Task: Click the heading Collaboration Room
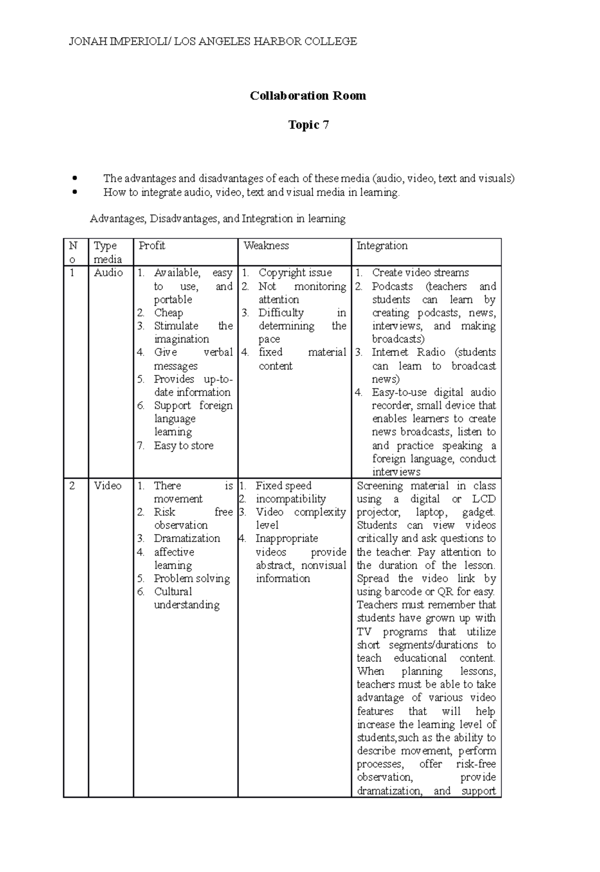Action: coord(307,95)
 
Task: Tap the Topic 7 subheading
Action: coord(308,124)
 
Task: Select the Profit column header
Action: coord(151,245)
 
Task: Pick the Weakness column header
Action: coord(266,245)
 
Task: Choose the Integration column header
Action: coord(381,245)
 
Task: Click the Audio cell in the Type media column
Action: coord(108,272)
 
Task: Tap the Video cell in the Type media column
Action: coord(107,485)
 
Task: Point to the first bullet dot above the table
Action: coord(74,178)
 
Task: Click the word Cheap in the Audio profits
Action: coord(168,312)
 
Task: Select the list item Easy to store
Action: coord(183,445)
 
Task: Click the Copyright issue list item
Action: coord(295,272)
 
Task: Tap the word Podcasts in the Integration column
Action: coord(392,286)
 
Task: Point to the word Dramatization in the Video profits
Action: coord(186,538)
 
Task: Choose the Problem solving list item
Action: coord(191,578)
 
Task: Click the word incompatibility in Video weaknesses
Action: coord(290,499)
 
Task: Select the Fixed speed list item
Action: coord(283,485)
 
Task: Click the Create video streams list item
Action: coord(420,272)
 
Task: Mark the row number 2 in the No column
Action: coord(72,485)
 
